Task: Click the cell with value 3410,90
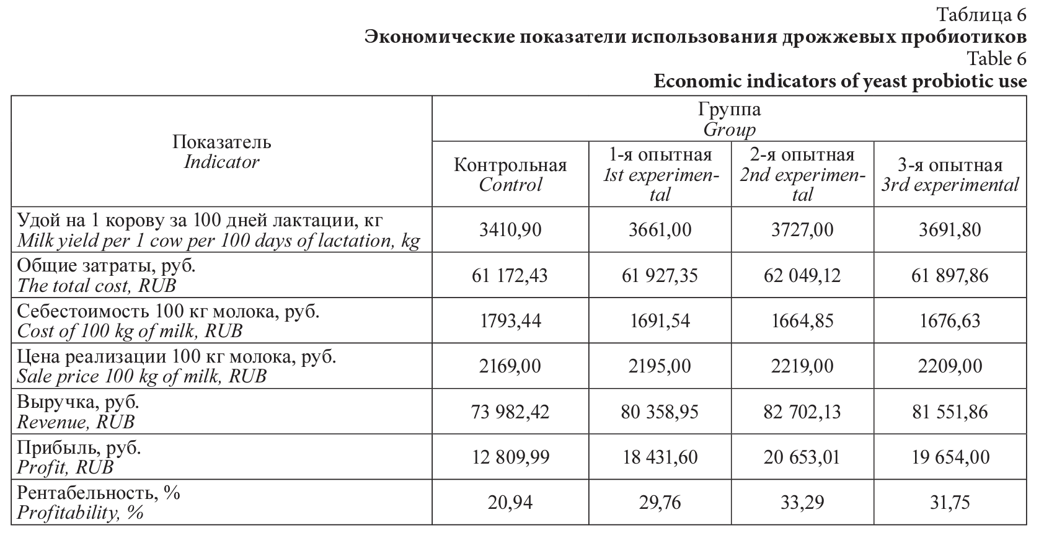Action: [x=510, y=230]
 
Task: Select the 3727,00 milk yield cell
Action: [x=802, y=230]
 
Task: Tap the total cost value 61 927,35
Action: [x=659, y=275]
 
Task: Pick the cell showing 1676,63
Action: [x=950, y=320]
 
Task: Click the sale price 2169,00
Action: [x=510, y=366]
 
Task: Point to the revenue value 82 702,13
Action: [x=802, y=412]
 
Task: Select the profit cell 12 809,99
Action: [x=510, y=457]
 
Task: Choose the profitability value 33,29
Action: [x=802, y=502]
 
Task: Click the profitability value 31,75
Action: [x=950, y=502]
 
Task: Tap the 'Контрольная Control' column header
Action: [x=510, y=174]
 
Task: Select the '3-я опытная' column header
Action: [x=950, y=174]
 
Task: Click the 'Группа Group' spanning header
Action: [x=729, y=119]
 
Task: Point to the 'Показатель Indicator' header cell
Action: [x=221, y=152]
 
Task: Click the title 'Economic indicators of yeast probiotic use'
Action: [x=839, y=81]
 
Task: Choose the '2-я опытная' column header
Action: [x=802, y=174]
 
